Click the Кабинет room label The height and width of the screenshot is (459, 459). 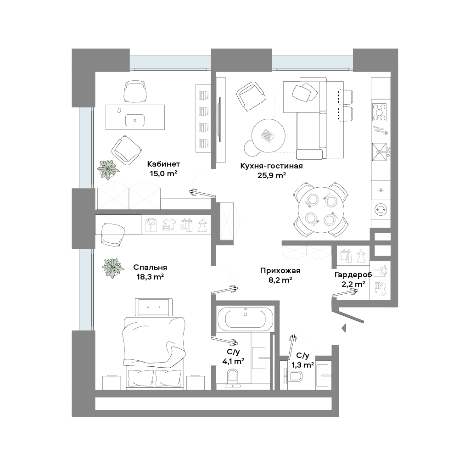[x=163, y=164]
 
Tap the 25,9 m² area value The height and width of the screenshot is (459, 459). [x=272, y=175]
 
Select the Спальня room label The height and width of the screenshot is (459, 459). [x=150, y=267]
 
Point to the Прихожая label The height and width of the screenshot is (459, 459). [x=280, y=271]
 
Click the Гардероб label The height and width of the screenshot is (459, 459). [x=353, y=274]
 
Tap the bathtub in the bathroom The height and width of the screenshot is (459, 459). [x=245, y=319]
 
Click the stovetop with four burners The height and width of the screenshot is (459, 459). [x=380, y=112]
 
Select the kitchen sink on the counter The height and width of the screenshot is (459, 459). [x=380, y=151]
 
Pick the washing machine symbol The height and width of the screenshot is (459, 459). [x=381, y=210]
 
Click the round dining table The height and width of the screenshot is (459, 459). [x=321, y=210]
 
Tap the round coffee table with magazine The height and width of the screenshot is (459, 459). [x=268, y=135]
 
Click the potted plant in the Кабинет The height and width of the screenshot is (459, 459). [x=108, y=169]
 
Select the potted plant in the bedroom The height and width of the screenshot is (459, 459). [x=113, y=268]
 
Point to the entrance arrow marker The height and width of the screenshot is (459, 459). [x=344, y=328]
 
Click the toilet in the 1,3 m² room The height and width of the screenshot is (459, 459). [x=295, y=376]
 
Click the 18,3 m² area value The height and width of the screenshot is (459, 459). [x=150, y=277]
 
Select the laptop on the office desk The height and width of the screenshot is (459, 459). [x=134, y=120]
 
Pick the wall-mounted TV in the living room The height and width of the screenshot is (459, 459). [x=220, y=119]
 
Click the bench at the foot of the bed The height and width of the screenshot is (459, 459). [x=154, y=307]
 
